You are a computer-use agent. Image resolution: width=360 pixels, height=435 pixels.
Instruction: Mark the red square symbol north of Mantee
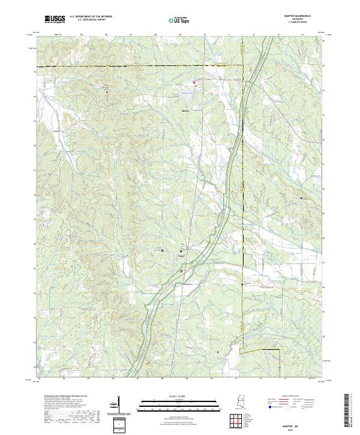(194, 82)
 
